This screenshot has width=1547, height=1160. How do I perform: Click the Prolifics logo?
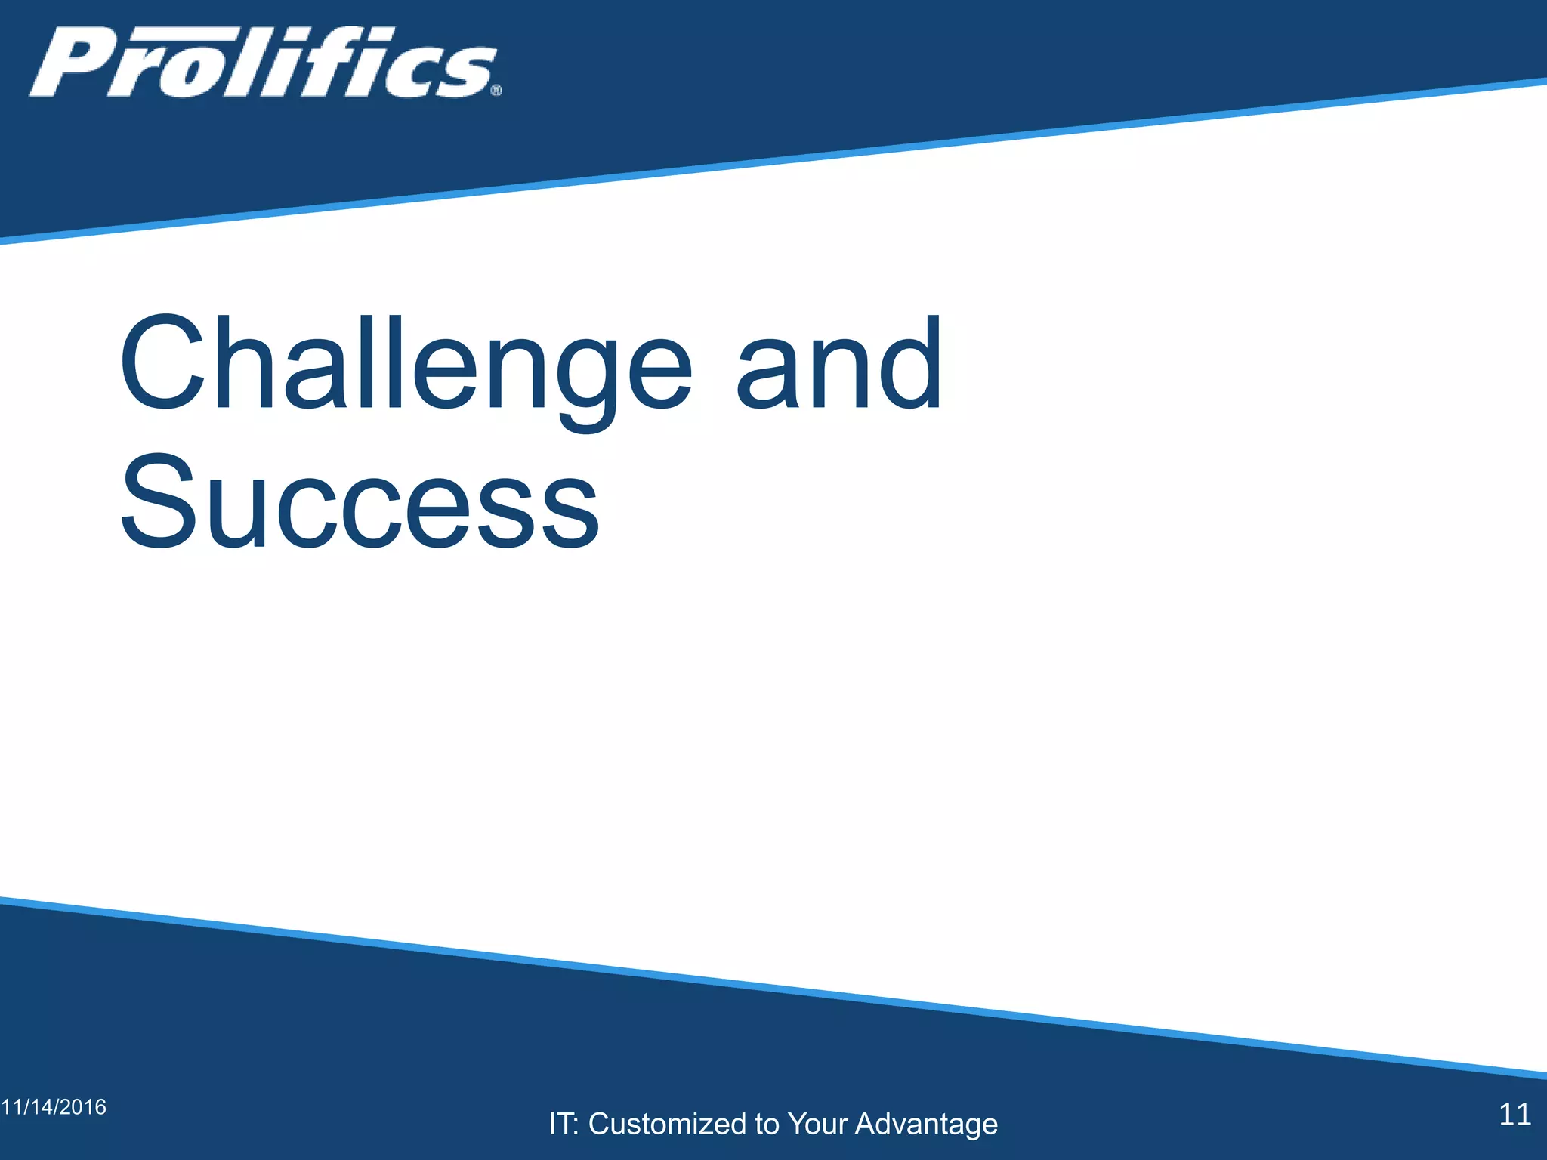click(264, 63)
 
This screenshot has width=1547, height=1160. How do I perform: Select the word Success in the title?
click(360, 501)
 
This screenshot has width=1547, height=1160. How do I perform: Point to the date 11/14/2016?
click(54, 1107)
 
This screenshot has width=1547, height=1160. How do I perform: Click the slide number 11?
click(1515, 1115)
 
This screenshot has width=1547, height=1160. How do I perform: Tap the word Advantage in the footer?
click(926, 1124)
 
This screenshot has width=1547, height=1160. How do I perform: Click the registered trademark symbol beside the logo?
click(496, 91)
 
